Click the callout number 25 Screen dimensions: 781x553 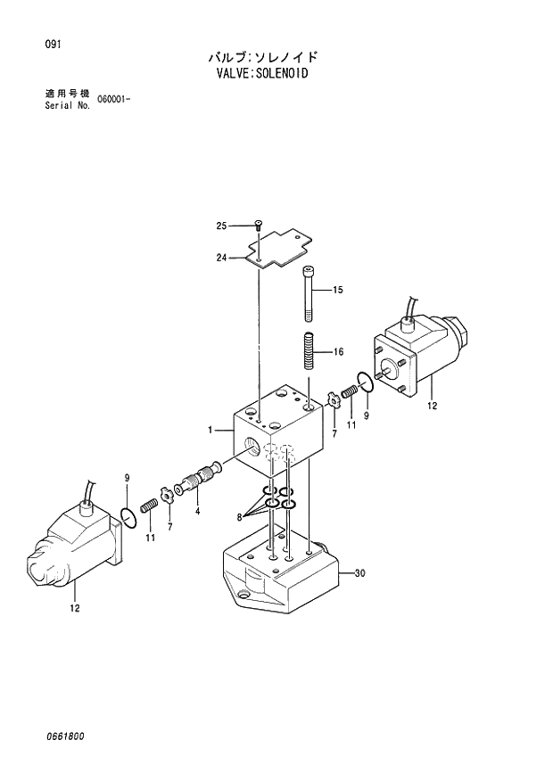(x=221, y=226)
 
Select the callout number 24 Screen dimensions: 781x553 (x=221, y=259)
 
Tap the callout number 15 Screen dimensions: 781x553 (x=338, y=291)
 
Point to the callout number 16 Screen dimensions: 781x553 (x=338, y=352)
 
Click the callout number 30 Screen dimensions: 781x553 (x=360, y=572)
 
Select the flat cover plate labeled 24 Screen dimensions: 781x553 (x=278, y=250)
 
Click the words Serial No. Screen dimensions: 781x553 (x=67, y=104)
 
